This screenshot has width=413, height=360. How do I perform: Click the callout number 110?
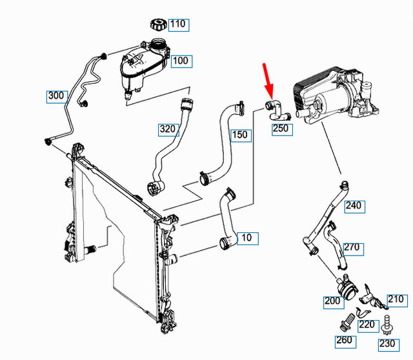coord(177,25)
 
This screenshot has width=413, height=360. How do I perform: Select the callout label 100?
coord(181,61)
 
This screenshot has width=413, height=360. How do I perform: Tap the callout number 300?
coord(56,97)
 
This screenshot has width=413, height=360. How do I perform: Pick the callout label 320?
coord(167,129)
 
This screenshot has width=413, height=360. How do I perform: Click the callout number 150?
coord(239,135)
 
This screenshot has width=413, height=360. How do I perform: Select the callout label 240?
coord(354,206)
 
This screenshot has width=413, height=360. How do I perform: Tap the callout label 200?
coord(334,301)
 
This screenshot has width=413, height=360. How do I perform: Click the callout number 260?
coord(343,341)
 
